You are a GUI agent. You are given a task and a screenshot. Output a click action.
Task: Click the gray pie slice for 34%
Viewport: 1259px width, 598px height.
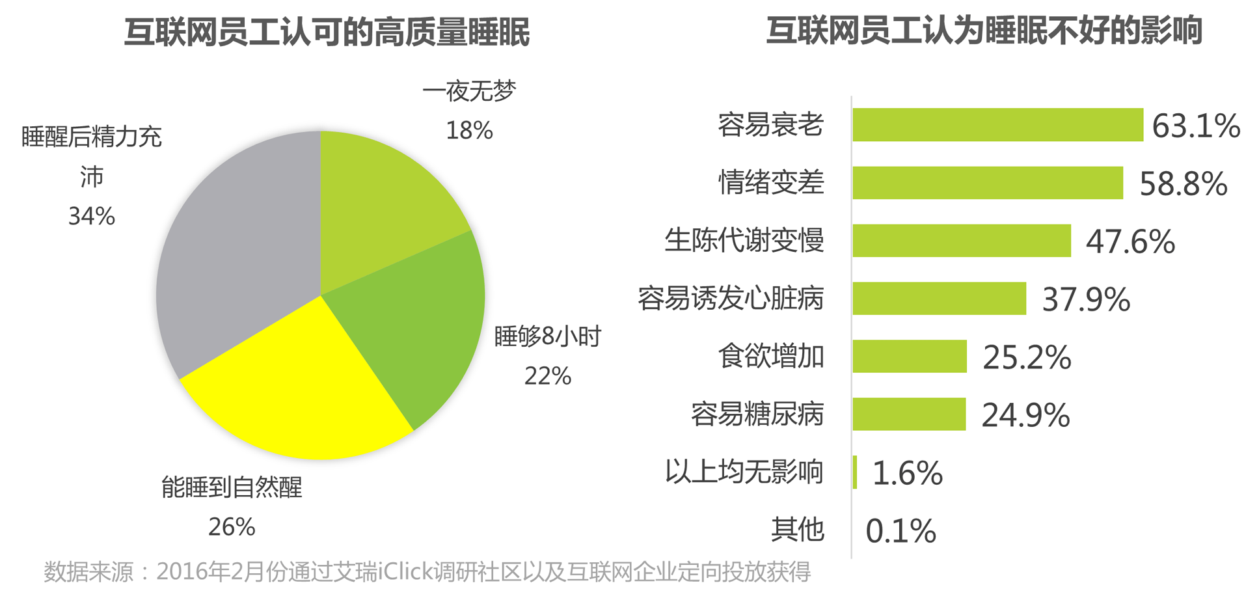click(234, 260)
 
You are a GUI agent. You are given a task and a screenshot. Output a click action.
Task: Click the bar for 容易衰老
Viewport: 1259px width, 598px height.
click(997, 124)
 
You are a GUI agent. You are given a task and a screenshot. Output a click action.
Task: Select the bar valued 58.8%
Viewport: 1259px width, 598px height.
click(987, 182)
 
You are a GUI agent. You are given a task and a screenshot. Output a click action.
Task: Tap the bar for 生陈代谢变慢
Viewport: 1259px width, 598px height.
click(961, 240)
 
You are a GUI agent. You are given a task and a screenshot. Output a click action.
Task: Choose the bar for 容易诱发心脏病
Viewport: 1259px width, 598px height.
click(939, 298)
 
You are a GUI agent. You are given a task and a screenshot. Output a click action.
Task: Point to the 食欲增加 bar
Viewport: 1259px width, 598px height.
click(909, 356)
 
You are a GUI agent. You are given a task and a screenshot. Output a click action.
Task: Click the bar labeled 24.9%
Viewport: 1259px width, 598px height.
click(908, 414)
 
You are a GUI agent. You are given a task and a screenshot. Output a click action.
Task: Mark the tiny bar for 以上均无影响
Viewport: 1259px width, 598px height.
click(855, 472)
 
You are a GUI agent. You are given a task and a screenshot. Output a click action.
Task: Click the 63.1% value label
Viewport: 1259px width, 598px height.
click(1196, 126)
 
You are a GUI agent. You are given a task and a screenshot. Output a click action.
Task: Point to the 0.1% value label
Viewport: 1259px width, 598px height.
click(900, 531)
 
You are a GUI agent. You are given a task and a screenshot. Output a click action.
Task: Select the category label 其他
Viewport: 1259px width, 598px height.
click(798, 530)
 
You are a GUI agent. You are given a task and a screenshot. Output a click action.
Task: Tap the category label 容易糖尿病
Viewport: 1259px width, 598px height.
click(757, 414)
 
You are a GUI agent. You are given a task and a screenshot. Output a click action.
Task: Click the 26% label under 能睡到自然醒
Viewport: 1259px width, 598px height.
click(232, 527)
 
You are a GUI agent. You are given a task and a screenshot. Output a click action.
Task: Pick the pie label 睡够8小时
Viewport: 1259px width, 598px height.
click(547, 336)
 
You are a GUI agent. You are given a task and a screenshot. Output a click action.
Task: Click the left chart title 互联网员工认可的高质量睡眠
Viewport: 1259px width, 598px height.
click(327, 32)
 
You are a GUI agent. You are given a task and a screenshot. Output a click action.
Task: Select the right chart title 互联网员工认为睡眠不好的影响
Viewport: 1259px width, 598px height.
click(983, 31)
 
